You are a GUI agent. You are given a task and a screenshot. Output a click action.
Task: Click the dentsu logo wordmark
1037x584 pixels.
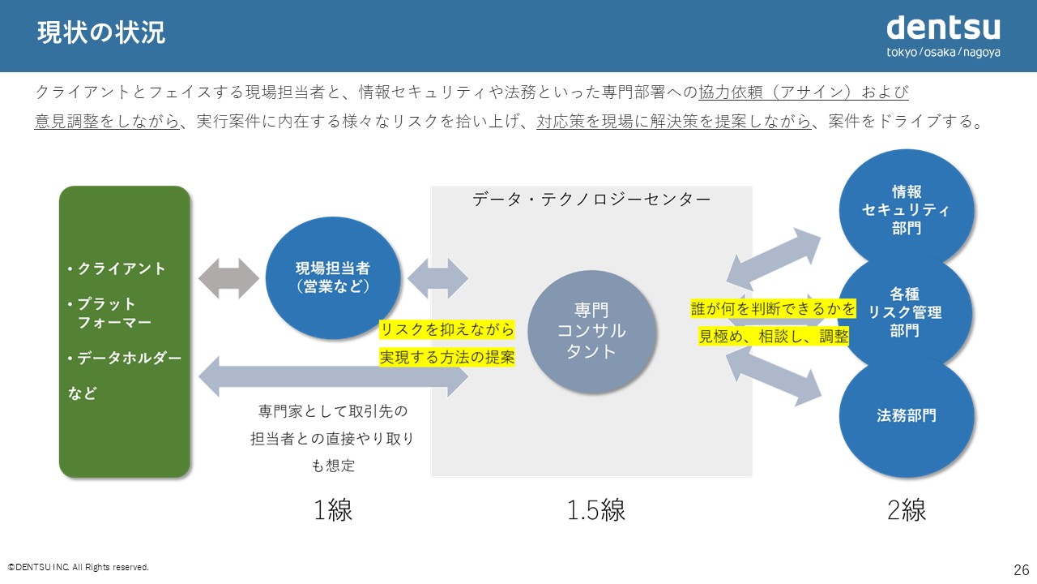[943, 28]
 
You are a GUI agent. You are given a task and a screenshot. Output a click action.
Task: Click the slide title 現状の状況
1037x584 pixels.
[101, 32]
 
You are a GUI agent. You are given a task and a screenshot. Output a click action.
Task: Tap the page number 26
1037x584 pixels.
[1022, 569]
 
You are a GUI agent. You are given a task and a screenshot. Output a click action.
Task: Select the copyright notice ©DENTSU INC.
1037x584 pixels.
[79, 567]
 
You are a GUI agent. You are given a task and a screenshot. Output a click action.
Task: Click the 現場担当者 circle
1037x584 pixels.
[333, 277]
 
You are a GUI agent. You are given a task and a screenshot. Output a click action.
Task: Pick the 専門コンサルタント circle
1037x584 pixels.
[591, 331]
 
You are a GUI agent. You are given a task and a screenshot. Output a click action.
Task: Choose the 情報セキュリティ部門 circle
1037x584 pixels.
[906, 209]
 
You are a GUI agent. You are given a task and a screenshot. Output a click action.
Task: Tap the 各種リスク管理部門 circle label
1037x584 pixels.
[905, 312]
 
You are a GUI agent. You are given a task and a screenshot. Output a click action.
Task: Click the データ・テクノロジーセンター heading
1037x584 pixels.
[591, 200]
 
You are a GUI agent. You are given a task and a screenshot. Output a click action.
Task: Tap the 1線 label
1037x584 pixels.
[333, 510]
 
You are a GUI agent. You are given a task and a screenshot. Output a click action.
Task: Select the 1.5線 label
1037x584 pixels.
[596, 510]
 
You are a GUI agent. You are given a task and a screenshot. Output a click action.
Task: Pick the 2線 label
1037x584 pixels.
[907, 510]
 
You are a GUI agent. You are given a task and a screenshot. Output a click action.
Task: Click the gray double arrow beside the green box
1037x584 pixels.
[228, 278]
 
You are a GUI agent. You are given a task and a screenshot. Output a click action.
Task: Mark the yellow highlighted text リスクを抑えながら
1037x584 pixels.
[446, 329]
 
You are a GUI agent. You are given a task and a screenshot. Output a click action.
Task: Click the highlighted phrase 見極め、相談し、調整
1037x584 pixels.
[773, 336]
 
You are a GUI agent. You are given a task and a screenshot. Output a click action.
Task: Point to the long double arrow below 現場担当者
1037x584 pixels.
[333, 376]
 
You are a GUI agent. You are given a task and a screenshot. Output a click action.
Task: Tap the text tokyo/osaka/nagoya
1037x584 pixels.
[943, 53]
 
